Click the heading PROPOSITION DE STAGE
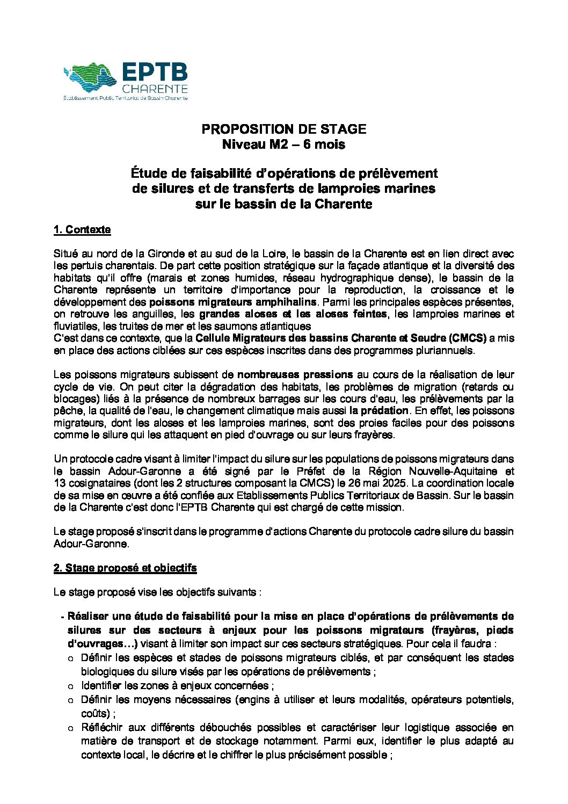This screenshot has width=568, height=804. (x=283, y=129)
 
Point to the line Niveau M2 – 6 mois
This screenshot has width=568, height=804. (x=283, y=144)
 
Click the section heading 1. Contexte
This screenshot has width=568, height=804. (x=82, y=230)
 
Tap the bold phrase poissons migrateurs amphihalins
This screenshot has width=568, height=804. (x=233, y=302)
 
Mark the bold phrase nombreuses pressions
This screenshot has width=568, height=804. (x=295, y=374)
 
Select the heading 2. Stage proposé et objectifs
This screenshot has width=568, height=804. (x=125, y=568)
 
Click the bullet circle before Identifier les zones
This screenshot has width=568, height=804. (x=70, y=686)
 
